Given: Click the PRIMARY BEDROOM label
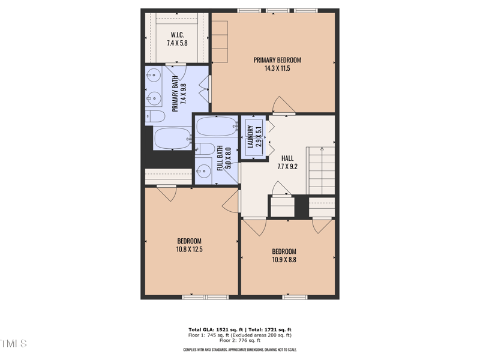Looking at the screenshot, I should point(277,60).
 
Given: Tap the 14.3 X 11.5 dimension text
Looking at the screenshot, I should point(277,68).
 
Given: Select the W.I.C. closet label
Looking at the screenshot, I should point(177,34).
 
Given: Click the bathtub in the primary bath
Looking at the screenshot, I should point(173,138).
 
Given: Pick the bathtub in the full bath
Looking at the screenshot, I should point(216,127).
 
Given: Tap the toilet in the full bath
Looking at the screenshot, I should point(205,149).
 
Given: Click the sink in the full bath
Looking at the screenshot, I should point(205,170).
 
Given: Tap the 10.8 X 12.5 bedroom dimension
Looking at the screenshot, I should point(189,249).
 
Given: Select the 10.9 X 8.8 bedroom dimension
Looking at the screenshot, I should point(284,260).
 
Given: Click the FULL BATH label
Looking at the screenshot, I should point(220,159).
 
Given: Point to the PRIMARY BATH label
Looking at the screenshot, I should point(175,94).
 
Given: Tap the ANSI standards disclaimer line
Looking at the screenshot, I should point(239,350).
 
